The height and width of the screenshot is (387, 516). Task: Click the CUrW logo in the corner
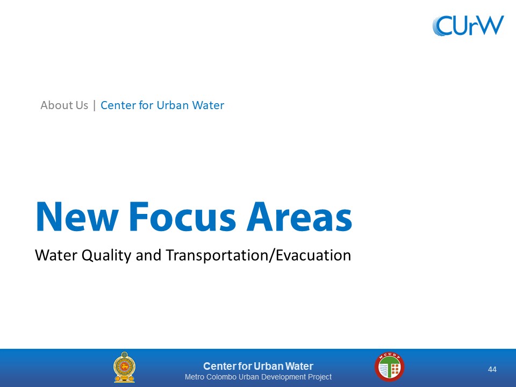click(468, 25)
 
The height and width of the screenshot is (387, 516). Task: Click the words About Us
click(64, 105)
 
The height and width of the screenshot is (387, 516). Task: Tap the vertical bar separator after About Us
click(95, 105)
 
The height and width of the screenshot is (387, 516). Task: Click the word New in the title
click(77, 217)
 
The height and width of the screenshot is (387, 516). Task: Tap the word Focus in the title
click(182, 217)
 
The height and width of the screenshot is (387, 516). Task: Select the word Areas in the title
click(299, 217)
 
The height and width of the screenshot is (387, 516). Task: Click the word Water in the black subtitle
click(55, 255)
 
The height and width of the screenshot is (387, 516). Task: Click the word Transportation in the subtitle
click(217, 256)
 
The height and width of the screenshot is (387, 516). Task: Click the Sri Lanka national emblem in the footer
click(124, 367)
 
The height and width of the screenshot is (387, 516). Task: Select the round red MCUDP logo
click(389, 367)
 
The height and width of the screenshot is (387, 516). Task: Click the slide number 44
click(492, 370)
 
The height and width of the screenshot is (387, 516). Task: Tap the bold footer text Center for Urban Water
click(258, 366)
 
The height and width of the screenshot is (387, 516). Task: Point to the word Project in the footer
click(320, 377)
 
